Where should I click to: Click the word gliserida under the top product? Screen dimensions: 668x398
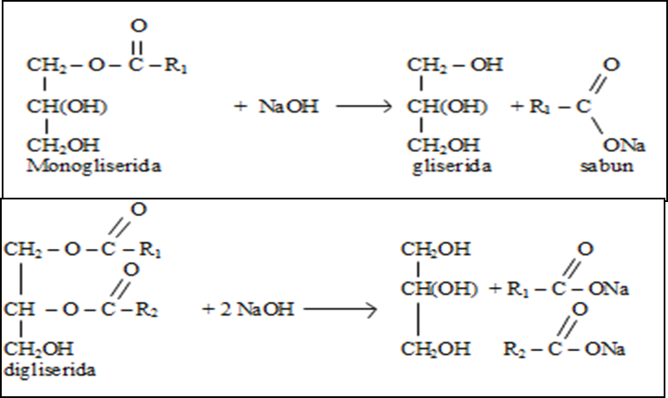pyautogui.click(x=452, y=165)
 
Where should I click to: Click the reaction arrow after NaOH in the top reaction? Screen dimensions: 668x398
pyautogui.click(x=365, y=107)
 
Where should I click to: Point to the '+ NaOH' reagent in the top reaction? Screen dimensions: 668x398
pyautogui.click(x=276, y=107)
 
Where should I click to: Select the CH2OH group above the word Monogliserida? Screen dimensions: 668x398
pyautogui.click(x=62, y=145)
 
